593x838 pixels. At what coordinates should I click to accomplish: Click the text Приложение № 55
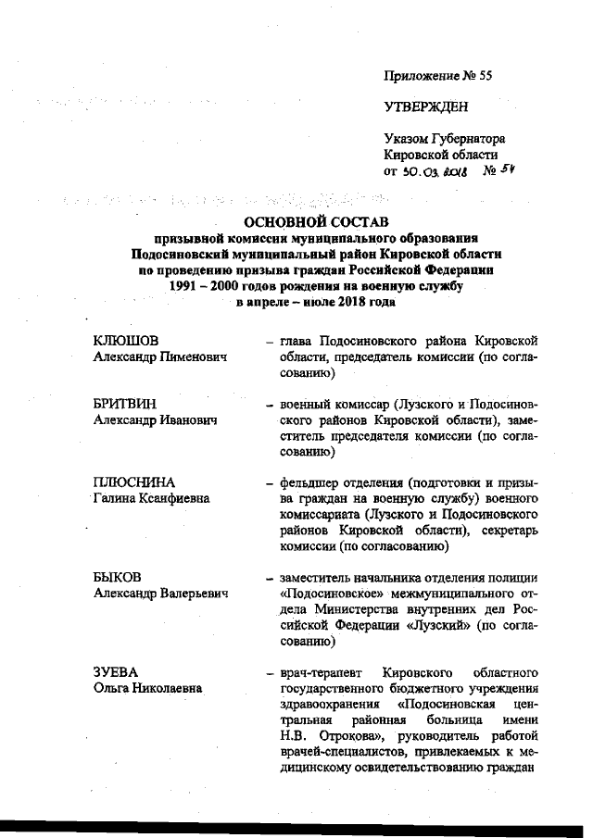click(x=437, y=76)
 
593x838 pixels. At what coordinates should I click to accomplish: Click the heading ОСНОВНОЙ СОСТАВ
click(x=316, y=220)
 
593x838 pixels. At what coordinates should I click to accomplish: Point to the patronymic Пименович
click(x=194, y=356)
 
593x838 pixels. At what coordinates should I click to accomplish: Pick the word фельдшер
click(x=309, y=482)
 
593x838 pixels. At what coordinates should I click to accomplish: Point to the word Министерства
click(x=352, y=607)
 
